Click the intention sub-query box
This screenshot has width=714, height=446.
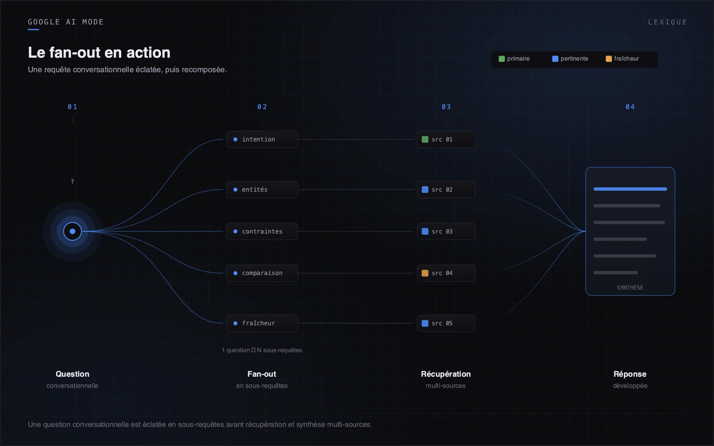tap(262, 139)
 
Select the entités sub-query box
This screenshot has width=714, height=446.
tap(262, 190)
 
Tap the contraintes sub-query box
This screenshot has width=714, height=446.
tap(262, 232)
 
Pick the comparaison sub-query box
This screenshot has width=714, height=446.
tap(262, 273)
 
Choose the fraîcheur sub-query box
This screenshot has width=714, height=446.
tap(262, 323)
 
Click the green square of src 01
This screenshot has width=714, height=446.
tap(425, 139)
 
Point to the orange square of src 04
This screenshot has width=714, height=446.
tap(425, 273)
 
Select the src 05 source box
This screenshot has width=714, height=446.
tap(446, 323)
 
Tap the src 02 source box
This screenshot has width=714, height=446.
tap(446, 190)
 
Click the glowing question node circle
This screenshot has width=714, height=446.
tap(73, 232)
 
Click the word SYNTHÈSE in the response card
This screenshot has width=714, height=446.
tap(630, 288)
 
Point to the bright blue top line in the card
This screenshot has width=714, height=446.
tap(630, 189)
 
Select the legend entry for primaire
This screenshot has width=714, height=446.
tap(514, 59)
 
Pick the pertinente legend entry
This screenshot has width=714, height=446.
tap(570, 59)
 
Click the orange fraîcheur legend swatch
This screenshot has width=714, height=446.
tap(609, 59)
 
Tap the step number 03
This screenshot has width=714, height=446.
tap(446, 107)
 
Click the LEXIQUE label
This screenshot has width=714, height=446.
tap(668, 22)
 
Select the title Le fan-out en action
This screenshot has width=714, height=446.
tap(99, 53)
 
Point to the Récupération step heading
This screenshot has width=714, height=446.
tap(446, 374)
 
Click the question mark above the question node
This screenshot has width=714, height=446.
tap(73, 182)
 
